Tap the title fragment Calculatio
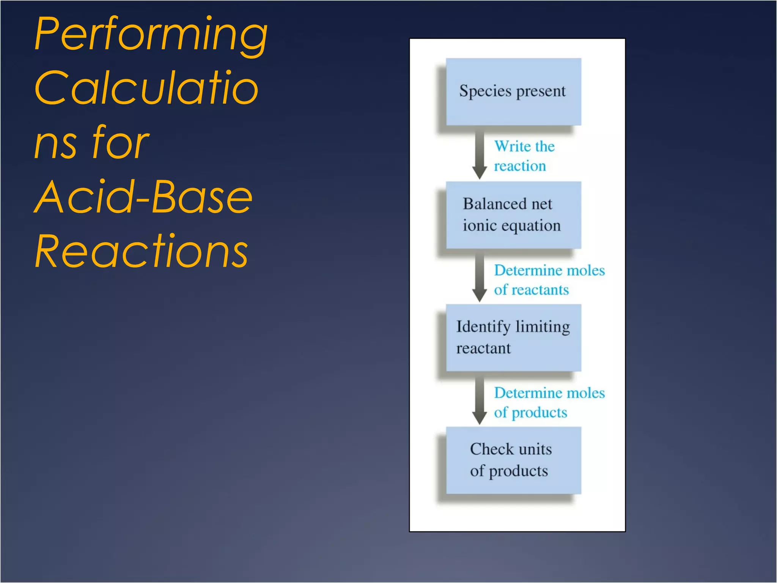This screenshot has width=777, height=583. point(146,88)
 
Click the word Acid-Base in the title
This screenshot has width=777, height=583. point(143,197)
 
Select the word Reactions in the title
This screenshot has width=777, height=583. point(141,251)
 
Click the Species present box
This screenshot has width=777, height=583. point(513,92)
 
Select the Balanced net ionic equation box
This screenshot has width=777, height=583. point(513,215)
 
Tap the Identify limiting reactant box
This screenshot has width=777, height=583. point(513,337)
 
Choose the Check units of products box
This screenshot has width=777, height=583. point(513,460)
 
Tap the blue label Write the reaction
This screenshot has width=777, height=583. point(524,156)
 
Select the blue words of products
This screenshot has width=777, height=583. point(530,413)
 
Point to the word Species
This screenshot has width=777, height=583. point(485,91)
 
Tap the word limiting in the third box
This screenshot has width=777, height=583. point(543,327)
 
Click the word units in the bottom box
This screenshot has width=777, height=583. point(535,449)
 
